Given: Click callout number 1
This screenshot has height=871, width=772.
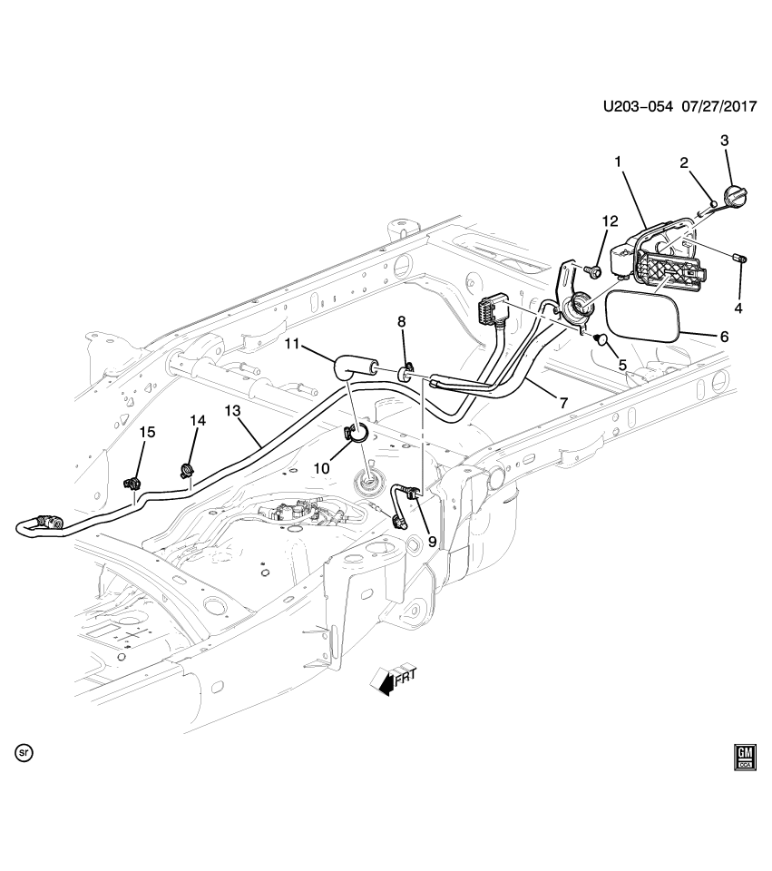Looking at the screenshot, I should tap(618, 161).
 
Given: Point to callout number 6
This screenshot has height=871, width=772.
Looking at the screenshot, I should tap(724, 336).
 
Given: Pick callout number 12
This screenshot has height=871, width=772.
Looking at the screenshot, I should tap(610, 220).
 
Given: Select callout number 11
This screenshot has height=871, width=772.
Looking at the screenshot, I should tap(290, 344).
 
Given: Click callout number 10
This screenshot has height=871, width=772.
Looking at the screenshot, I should tap(319, 465).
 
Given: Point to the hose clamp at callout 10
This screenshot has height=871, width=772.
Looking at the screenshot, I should tap(357, 433).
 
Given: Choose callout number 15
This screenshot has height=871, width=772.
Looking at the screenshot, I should tap(147, 432).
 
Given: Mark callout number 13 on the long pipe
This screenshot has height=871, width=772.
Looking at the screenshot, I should tap(233, 411).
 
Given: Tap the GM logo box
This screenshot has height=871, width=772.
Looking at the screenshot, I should tap(745, 757).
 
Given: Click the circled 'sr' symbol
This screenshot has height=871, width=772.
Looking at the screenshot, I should tap(24, 752).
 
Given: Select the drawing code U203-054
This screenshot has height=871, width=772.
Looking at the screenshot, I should tap(639, 107).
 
